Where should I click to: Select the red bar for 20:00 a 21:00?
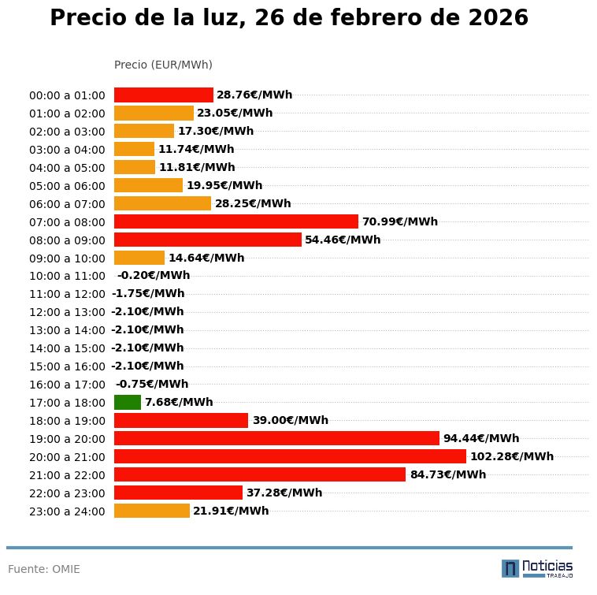(290, 456)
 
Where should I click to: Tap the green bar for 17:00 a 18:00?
(128, 402)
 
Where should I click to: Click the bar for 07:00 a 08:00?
(236, 221)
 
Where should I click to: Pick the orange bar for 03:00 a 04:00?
(134, 149)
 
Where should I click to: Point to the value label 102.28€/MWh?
(512, 456)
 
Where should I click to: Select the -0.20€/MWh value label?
(154, 276)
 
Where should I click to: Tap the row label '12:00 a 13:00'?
(67, 312)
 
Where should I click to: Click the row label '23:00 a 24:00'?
(67, 511)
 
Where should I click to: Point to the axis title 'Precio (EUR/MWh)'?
(163, 65)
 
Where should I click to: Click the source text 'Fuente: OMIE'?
(44, 569)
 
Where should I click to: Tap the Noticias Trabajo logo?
(537, 568)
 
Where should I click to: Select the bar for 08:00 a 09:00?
(208, 240)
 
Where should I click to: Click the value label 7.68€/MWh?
(179, 402)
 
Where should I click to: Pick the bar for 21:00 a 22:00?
(260, 474)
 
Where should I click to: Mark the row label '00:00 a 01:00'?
(67, 95)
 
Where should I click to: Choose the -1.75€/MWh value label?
(148, 294)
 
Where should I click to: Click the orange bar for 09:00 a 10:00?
(139, 258)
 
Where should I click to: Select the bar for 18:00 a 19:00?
(181, 420)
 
